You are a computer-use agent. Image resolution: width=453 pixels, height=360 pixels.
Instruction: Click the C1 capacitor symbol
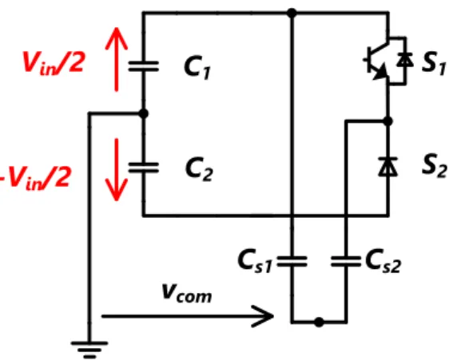(144, 66)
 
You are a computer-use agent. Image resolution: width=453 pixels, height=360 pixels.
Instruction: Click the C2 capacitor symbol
(144, 168)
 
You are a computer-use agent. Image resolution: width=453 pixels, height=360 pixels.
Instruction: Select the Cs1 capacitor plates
(292, 261)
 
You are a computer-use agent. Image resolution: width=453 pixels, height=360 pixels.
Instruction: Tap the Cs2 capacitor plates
(346, 261)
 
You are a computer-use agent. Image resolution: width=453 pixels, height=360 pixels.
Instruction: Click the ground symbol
(89, 350)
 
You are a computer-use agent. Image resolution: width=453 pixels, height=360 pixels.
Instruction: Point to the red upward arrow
(117, 59)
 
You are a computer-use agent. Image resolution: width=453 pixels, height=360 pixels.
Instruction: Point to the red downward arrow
(117, 170)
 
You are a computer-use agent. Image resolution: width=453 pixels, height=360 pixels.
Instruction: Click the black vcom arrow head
(262, 316)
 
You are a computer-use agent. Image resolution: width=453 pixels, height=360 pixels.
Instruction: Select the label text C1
(197, 68)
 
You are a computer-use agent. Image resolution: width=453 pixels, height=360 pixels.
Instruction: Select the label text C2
(199, 169)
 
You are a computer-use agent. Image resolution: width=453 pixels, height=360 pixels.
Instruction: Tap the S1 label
(433, 64)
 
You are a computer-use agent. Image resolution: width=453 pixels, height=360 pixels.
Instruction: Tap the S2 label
(434, 165)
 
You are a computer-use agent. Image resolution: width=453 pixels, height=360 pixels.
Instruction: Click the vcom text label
(187, 293)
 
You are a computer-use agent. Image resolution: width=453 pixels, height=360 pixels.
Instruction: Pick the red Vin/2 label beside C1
(54, 63)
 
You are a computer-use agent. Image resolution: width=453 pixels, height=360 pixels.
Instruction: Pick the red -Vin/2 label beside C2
(35, 178)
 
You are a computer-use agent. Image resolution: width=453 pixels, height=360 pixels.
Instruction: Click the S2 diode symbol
(387, 167)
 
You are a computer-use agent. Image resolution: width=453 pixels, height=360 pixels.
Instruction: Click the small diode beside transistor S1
(405, 60)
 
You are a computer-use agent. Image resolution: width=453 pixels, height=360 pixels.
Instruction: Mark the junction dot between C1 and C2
(144, 113)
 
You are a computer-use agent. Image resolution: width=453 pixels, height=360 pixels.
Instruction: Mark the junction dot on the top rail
(292, 13)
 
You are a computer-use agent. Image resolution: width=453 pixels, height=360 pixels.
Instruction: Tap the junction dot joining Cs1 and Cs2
(319, 322)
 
